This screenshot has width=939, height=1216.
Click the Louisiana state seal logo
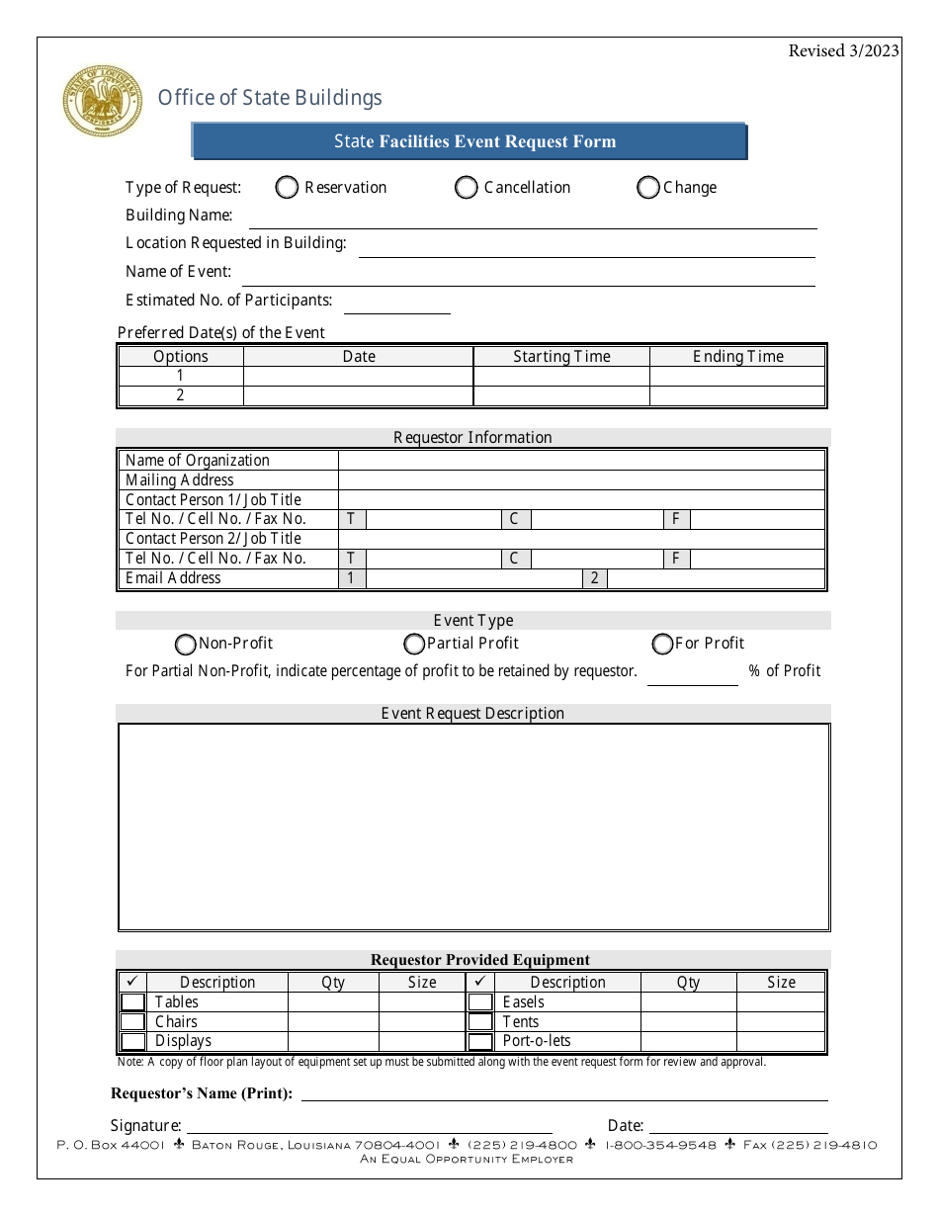102,102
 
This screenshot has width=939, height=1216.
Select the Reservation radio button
287,188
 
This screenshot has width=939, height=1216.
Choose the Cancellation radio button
467,188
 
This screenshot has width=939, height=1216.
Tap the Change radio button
648,188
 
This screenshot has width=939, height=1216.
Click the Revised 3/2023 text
843,51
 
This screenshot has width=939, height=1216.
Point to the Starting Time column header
561,357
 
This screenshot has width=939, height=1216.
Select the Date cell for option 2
358,395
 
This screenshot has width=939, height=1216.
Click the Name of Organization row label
198,461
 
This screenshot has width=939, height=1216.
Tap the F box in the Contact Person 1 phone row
676,519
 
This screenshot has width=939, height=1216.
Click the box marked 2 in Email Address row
594,578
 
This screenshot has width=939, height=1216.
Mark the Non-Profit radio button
186,645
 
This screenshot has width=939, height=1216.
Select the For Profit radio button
662,645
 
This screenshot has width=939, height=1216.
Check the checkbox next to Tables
132,1002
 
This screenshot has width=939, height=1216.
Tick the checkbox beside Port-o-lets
480,1041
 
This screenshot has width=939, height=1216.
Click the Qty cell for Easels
688,1002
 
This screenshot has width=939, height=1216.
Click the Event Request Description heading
472,714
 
